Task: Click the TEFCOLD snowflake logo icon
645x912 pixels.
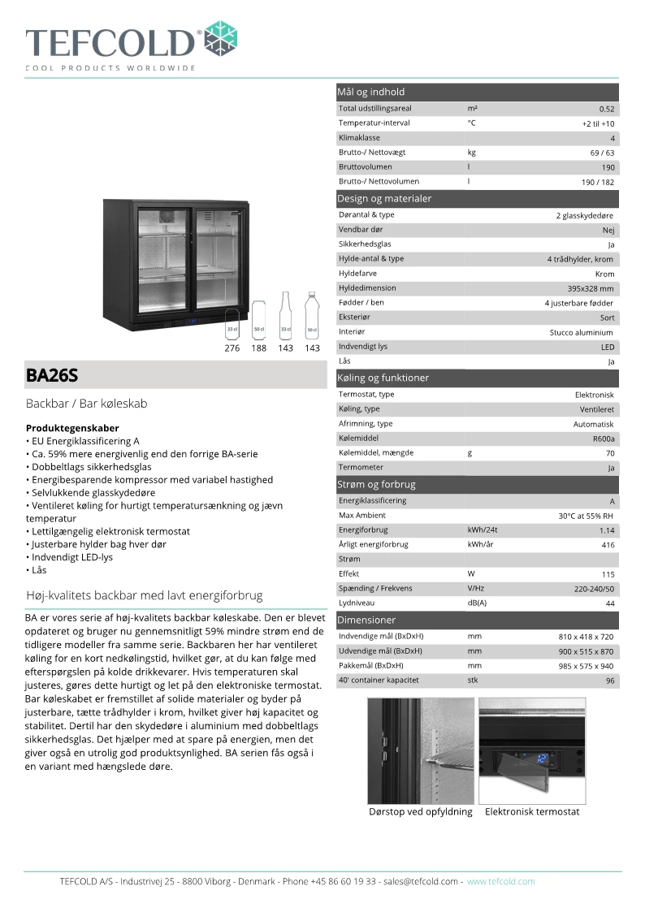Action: (221, 39)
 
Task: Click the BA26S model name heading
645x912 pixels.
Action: (52, 375)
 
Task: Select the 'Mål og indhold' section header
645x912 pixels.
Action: (370, 92)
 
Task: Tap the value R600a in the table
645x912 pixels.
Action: (604, 439)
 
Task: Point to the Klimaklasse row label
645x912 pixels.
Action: (359, 138)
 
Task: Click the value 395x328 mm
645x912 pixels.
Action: (591, 288)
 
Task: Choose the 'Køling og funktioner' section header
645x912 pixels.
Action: (383, 378)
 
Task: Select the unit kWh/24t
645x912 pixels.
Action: (483, 529)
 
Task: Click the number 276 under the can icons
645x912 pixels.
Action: (232, 348)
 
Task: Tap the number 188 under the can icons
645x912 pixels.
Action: (258, 348)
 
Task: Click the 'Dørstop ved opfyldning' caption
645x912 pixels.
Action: (420, 811)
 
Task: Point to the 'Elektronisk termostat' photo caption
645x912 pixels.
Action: (532, 811)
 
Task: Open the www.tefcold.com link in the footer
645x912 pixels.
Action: (500, 881)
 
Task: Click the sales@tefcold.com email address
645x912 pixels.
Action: (421, 881)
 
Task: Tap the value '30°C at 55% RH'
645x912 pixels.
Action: (586, 516)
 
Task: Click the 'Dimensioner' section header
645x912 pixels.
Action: (366, 620)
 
